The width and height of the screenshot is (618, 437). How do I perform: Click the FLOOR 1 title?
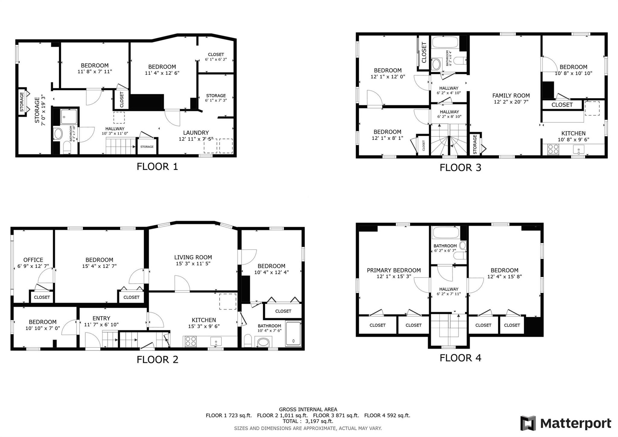click(157, 166)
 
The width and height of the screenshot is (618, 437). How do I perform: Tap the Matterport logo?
click(565, 423)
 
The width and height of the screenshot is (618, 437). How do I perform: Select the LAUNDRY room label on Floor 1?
click(196, 133)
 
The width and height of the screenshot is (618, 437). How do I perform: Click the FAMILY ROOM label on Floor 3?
click(511, 95)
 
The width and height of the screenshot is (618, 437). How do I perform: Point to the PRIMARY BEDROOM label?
click(393, 270)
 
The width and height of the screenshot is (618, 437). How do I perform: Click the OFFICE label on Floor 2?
click(33, 260)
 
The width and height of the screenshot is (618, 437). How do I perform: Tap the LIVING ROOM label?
click(193, 257)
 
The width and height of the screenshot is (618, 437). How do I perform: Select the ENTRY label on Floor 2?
click(101, 318)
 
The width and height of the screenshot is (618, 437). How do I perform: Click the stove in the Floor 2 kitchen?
click(190, 341)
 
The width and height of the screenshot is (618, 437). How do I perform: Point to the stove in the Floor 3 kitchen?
click(553, 149)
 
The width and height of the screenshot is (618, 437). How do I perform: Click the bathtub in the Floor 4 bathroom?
click(445, 233)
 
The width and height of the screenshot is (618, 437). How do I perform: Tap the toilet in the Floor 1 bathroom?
click(67, 148)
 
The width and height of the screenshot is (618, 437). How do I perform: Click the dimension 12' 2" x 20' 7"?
click(511, 102)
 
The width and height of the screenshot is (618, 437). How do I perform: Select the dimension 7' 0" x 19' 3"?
click(43, 110)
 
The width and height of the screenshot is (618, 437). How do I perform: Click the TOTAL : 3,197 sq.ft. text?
click(308, 421)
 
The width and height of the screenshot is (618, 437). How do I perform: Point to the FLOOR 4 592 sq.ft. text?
click(387, 415)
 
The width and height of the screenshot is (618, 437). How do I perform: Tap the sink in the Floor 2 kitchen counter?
click(216, 342)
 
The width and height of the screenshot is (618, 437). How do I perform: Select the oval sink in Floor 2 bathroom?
click(263, 342)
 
